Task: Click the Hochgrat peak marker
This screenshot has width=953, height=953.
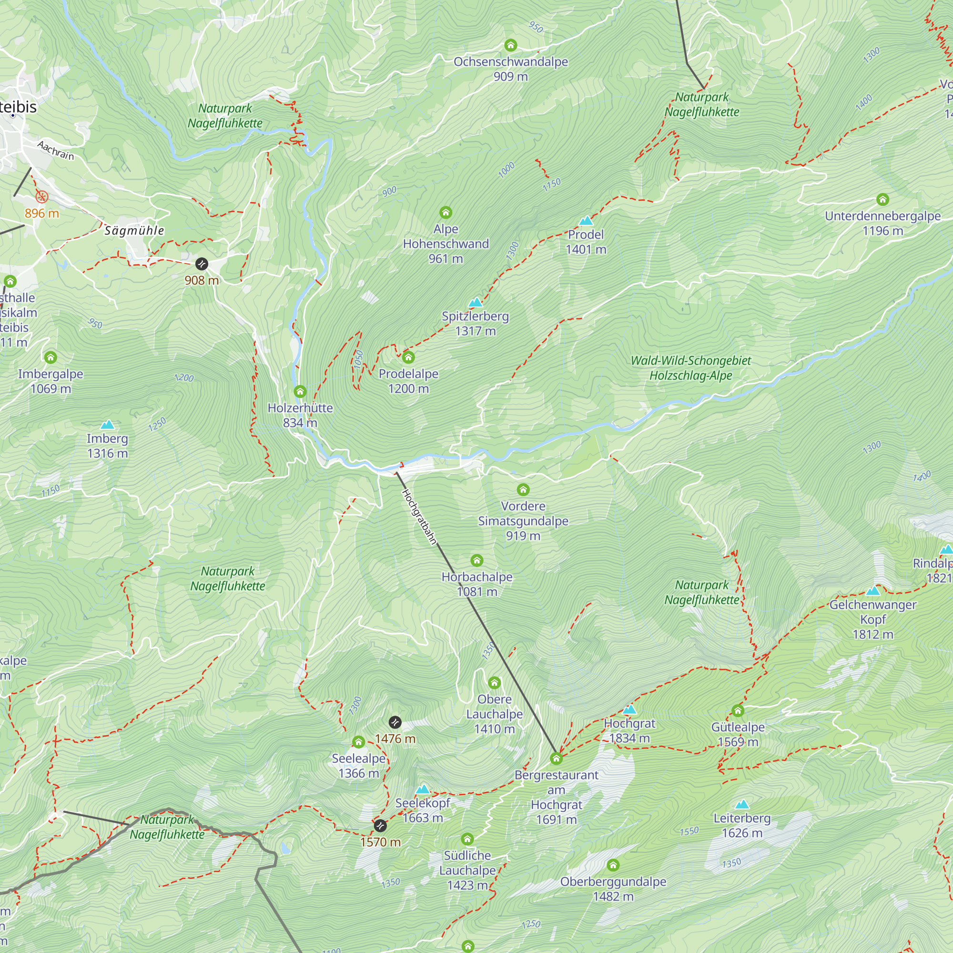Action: click(x=629, y=710)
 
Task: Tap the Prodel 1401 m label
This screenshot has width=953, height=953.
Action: click(x=586, y=242)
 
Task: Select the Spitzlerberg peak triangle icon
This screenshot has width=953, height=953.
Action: click(x=475, y=303)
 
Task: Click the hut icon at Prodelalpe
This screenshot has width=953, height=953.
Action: click(x=408, y=357)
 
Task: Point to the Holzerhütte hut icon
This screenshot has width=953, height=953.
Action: click(x=300, y=392)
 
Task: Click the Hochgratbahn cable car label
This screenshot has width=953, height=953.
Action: click(x=419, y=517)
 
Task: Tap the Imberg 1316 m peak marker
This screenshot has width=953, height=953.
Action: click(x=107, y=425)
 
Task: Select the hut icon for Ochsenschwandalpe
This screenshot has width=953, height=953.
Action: click(x=510, y=45)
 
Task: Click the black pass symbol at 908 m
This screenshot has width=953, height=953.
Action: click(x=201, y=264)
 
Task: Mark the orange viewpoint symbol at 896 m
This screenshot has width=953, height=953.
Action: click(x=42, y=197)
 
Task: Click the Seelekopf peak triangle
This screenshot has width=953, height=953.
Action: click(x=423, y=789)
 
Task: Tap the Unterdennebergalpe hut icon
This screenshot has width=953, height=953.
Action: click(x=882, y=199)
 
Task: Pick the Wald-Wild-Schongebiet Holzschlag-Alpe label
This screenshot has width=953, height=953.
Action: click(x=690, y=368)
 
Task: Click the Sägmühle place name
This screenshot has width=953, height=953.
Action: click(x=134, y=230)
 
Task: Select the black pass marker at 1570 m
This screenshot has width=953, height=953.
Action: click(x=380, y=825)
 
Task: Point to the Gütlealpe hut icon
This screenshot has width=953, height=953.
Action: click(x=738, y=710)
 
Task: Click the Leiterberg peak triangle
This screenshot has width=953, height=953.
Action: click(x=742, y=804)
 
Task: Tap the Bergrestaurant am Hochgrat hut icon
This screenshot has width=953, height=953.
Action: click(x=556, y=758)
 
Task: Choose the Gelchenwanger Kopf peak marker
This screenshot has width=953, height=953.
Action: click(x=872, y=591)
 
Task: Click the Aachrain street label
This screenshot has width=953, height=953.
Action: click(x=56, y=151)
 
